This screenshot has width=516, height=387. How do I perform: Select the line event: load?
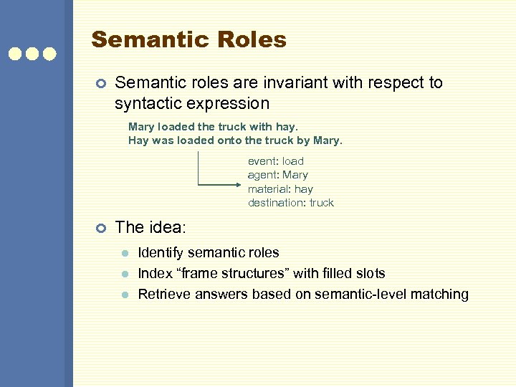(276, 161)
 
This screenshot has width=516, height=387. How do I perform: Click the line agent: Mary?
(278, 175)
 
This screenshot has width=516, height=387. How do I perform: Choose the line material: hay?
(280, 189)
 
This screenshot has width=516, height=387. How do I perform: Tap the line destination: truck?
(291, 203)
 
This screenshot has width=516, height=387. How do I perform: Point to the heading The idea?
(150, 228)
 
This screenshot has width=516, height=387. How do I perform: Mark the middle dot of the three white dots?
(32, 54)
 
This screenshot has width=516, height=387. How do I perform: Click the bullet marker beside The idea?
(101, 228)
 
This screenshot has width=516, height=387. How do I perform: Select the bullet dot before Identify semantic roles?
(124, 253)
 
